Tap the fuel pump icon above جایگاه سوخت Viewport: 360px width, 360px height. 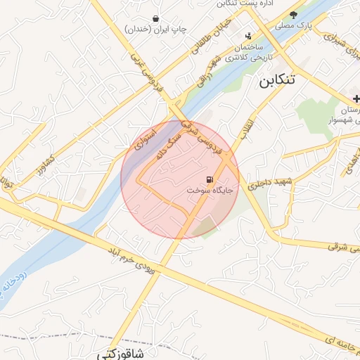(x=210, y=179)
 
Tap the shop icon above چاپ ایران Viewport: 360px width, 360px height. (x=155, y=18)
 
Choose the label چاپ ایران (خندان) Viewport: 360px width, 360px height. (x=156, y=30)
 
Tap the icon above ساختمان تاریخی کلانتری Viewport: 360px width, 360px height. (x=247, y=36)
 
